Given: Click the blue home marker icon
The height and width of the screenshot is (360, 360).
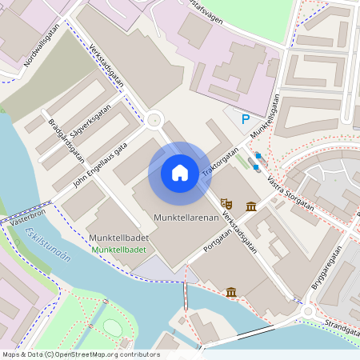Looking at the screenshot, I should [180, 173].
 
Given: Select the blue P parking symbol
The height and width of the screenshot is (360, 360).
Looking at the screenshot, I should [246, 118].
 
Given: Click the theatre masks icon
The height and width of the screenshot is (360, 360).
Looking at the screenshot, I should [226, 206].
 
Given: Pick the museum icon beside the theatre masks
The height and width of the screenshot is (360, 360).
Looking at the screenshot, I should [251, 207].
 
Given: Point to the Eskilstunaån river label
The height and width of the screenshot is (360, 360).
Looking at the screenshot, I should [47, 243].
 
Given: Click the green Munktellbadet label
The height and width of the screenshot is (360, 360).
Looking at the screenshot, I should [118, 250].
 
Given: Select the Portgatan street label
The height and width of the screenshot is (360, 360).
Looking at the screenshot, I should [211, 239].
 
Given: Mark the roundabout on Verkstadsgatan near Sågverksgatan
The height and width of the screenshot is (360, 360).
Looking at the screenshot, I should [154, 121].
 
